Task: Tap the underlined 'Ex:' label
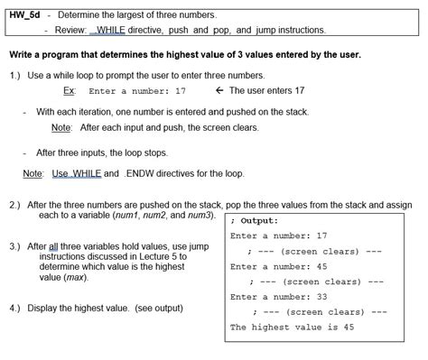pyautogui.click(x=69, y=90)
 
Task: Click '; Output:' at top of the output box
pyautogui.click(x=256, y=220)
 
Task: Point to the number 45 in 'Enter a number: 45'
pyautogui.click(x=321, y=266)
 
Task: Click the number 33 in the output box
pyautogui.click(x=321, y=296)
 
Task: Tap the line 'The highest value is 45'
pyautogui.click(x=292, y=327)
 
